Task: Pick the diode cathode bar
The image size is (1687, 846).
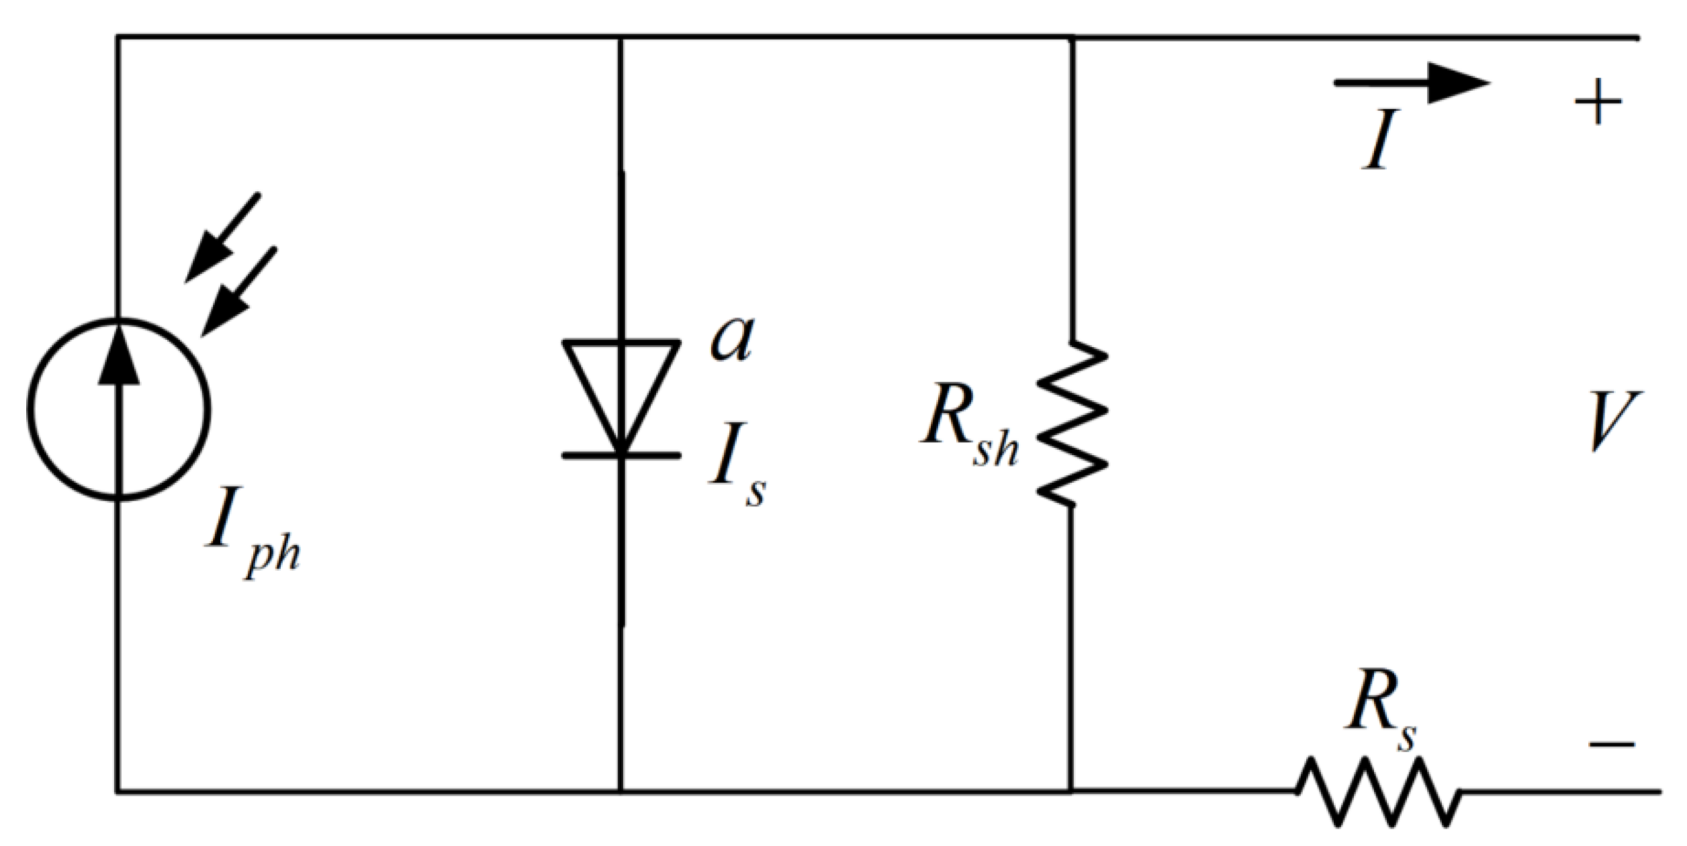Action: [621, 455]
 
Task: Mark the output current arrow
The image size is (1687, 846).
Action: [1410, 83]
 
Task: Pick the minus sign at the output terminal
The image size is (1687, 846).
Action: [1612, 744]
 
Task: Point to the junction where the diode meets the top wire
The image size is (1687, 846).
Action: [621, 38]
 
